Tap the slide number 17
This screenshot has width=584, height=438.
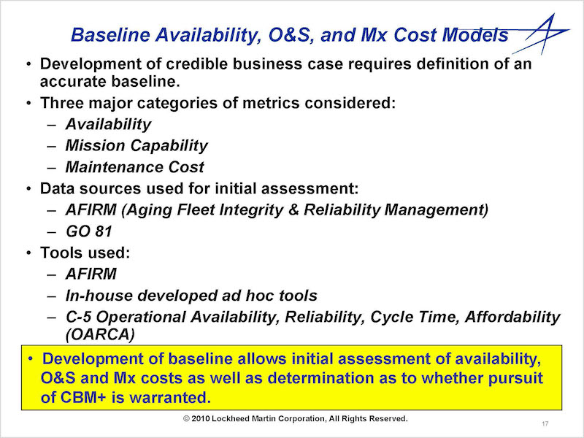click(545, 423)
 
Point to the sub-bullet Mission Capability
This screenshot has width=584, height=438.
click(137, 145)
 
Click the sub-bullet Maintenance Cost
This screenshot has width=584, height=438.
click(134, 167)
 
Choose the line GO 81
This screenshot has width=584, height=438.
click(88, 231)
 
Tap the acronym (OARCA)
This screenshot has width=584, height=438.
click(100, 334)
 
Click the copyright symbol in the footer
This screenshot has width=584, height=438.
click(187, 418)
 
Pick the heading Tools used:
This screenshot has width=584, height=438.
click(85, 253)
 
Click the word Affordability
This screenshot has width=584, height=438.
click(512, 317)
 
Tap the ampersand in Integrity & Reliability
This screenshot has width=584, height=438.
click(293, 210)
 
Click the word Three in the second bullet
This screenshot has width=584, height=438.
click(61, 103)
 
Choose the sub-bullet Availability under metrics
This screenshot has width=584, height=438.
click(108, 124)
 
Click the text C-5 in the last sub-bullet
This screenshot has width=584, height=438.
click(79, 317)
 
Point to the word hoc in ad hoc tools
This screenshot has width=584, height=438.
click(258, 296)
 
